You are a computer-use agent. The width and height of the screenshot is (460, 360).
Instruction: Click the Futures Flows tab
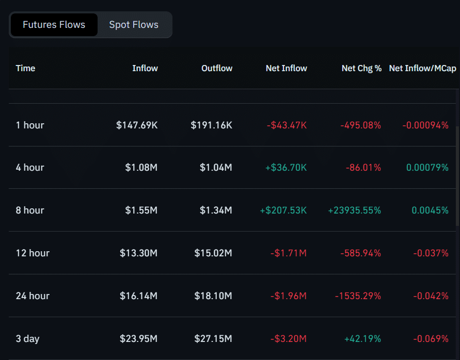pos(54,25)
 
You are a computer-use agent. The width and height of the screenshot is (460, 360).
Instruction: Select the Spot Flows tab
pos(134,25)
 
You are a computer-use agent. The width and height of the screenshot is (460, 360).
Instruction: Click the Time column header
pos(25,68)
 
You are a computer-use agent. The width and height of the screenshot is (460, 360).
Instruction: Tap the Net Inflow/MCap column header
pos(422,68)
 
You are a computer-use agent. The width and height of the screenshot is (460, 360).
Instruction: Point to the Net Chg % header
pos(361,68)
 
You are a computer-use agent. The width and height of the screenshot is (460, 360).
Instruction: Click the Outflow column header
pos(217,68)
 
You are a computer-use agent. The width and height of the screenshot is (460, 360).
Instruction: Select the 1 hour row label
pos(30,125)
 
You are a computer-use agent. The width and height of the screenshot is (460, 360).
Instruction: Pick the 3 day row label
pos(27,339)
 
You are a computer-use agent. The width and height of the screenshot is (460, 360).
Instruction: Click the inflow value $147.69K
pos(137,125)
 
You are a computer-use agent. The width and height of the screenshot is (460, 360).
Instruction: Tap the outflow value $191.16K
pos(211,125)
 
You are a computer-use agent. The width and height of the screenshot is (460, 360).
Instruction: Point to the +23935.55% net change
pos(354,210)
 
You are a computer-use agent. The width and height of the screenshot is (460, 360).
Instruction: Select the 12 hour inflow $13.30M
pos(138,253)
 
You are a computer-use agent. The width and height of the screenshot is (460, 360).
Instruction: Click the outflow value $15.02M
pos(213,253)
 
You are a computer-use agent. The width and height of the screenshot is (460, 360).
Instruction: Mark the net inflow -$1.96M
pos(288,296)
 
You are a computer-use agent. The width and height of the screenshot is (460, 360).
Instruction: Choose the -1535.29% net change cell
pos(358,296)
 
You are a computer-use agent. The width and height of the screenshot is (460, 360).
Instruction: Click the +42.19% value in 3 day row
pos(362,339)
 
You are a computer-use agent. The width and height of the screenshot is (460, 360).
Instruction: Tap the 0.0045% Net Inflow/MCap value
pos(430,210)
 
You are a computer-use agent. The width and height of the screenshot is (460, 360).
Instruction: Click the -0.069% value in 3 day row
pos(431,339)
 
